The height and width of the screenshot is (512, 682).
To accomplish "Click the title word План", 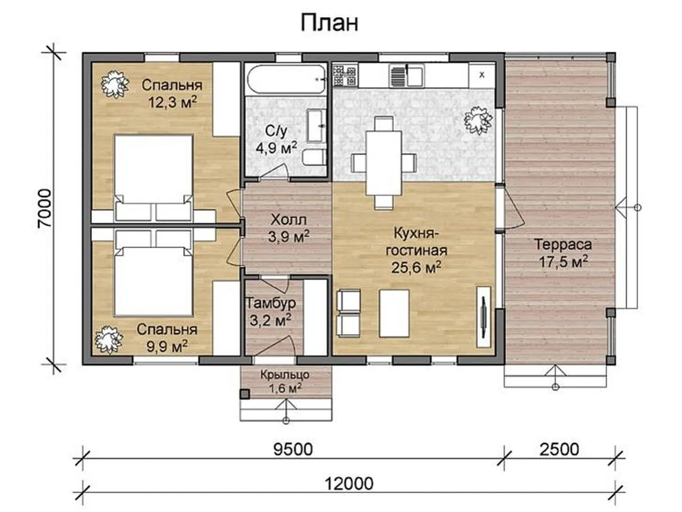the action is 329,23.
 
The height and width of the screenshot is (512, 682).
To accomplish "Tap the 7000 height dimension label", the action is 44,209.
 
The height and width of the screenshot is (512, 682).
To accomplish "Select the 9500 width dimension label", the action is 293,449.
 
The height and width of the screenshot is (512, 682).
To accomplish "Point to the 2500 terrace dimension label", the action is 559,449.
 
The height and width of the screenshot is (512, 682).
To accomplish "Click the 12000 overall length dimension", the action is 349,484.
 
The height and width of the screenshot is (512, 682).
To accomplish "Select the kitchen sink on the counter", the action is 407,75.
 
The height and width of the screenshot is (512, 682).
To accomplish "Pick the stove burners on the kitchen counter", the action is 345,75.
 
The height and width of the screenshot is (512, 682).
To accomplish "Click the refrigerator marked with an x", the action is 482,75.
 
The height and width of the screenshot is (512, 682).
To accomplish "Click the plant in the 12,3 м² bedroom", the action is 115,84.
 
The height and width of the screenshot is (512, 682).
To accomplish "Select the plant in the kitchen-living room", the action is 478,120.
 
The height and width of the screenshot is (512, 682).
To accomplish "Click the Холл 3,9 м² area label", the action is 288,229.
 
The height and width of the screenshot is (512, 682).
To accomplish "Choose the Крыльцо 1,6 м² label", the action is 285,382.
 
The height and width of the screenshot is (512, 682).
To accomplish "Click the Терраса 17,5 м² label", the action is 563,253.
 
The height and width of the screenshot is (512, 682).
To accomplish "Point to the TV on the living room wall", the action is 484,317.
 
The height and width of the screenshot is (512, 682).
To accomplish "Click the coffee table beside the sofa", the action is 394,313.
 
